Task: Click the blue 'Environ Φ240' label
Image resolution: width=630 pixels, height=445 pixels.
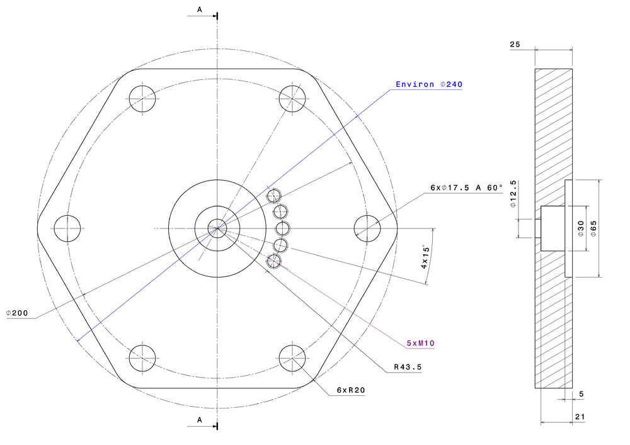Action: click(x=429, y=84)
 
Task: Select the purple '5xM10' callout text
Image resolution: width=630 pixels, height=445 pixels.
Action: click(x=421, y=343)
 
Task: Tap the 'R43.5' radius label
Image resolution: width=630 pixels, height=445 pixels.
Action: click(x=408, y=367)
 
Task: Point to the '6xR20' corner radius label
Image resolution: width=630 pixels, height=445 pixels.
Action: click(x=351, y=390)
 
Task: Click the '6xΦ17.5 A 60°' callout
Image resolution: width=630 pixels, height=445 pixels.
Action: click(x=466, y=188)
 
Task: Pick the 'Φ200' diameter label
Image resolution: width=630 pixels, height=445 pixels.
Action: click(x=17, y=313)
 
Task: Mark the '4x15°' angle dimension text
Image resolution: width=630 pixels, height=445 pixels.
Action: click(x=425, y=257)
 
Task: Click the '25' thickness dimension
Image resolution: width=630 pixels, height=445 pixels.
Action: click(x=515, y=44)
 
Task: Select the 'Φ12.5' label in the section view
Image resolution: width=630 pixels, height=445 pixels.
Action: click(x=513, y=194)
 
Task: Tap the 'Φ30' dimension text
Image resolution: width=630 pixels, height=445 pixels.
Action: click(x=581, y=228)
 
